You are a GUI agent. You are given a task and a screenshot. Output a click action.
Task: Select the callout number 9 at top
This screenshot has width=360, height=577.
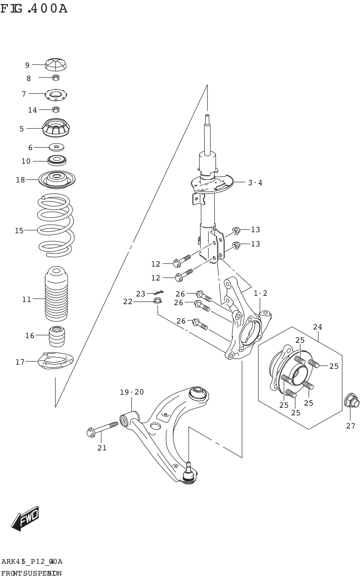(x=27, y=65)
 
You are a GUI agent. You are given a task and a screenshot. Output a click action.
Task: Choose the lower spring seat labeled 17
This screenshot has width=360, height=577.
(x=56, y=361)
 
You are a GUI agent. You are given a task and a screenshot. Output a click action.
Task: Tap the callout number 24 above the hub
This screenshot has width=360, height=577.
(x=317, y=327)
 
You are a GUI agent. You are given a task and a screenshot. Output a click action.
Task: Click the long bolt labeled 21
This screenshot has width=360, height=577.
(x=102, y=429)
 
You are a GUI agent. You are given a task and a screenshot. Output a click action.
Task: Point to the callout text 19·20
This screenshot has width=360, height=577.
(x=132, y=392)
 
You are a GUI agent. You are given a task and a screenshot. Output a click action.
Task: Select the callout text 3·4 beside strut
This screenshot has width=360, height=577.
(x=255, y=182)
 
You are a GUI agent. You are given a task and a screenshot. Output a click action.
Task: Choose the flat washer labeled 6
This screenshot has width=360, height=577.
(x=57, y=147)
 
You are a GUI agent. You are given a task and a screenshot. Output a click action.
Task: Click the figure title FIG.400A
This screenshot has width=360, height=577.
(x=34, y=8)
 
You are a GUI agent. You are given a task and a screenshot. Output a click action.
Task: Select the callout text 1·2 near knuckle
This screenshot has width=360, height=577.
(x=260, y=293)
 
